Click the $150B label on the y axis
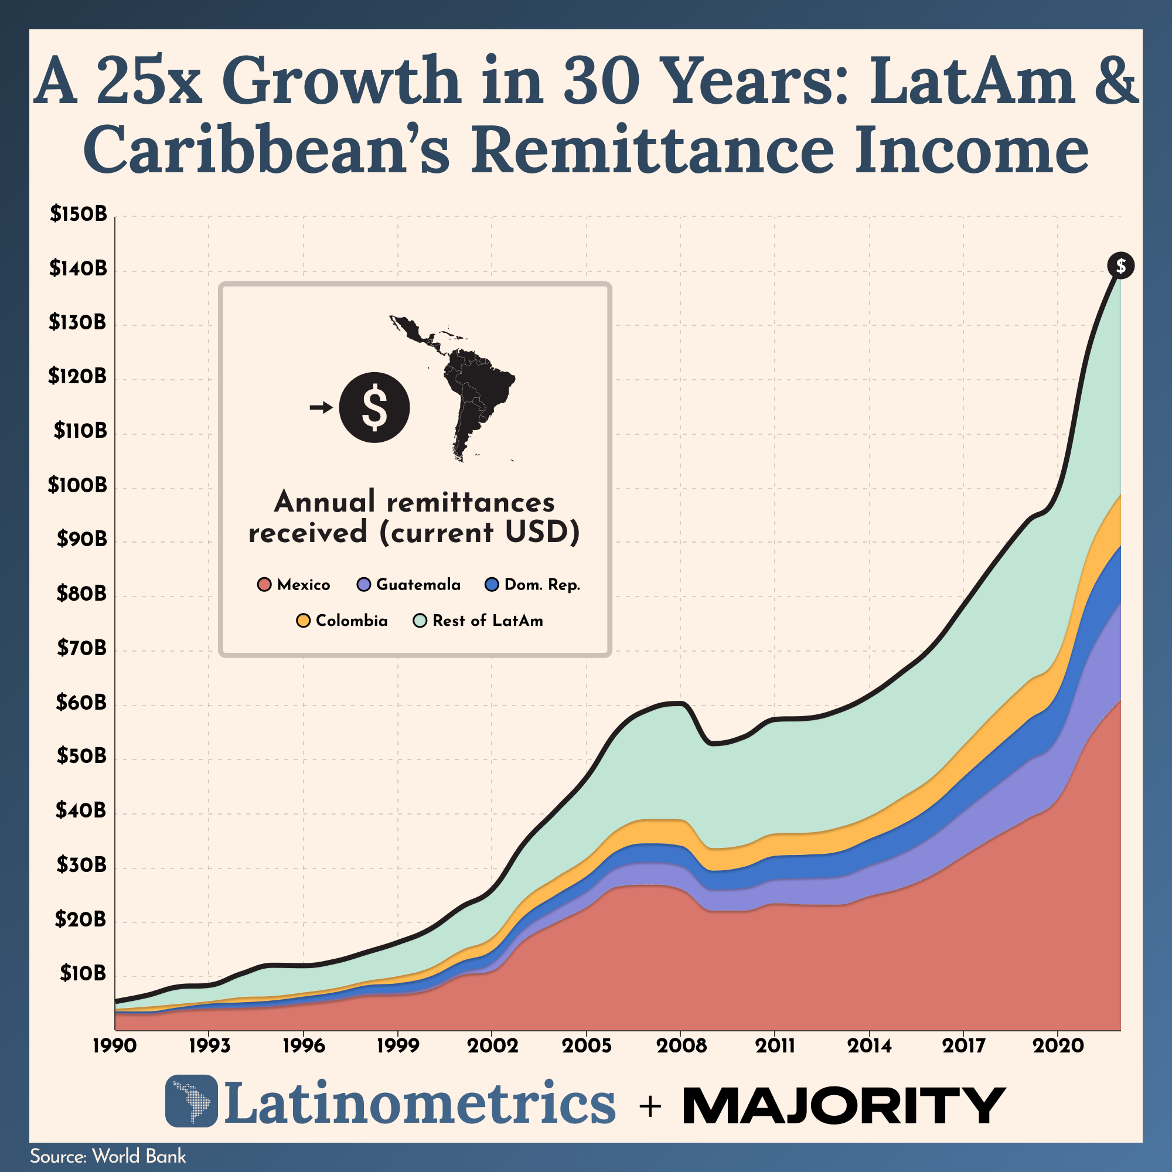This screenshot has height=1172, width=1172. click(x=79, y=214)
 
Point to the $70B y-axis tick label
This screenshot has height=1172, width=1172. click(x=81, y=649)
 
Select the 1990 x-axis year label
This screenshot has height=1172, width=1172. click(x=115, y=1046)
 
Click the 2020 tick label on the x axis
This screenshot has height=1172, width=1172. click(x=1058, y=1046)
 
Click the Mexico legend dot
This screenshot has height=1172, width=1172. click(x=264, y=585)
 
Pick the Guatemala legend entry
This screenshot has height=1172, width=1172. click(x=409, y=585)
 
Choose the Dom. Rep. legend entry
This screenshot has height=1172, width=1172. click(x=533, y=585)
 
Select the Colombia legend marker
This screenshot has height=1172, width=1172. click(x=304, y=621)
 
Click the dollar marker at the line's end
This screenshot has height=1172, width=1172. click(x=1120, y=265)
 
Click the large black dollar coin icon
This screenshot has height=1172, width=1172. click(x=374, y=407)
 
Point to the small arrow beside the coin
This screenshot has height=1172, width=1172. click(x=321, y=407)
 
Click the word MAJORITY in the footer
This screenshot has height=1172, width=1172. click(x=844, y=1105)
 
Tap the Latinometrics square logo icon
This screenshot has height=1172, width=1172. click(x=191, y=1101)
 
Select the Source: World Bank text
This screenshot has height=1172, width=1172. click(x=108, y=1156)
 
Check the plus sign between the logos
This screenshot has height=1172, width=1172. click(x=650, y=1107)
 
